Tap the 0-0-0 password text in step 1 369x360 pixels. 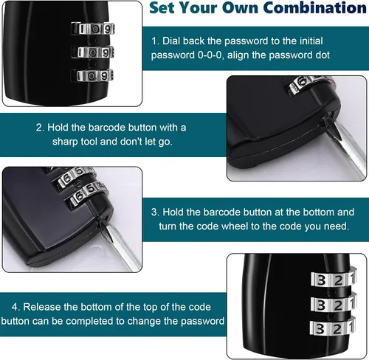click(210, 55)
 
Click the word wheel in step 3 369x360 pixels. click(235, 226)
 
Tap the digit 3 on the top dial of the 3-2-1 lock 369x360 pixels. click(321, 280)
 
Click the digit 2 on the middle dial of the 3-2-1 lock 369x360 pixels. click(338, 305)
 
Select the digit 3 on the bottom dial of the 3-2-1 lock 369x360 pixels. click(320, 329)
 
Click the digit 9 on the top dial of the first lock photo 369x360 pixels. click(107, 30)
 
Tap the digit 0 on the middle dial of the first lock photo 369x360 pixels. click(92, 53)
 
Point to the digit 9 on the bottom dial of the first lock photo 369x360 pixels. click(105, 76)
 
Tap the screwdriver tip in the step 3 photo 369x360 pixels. click(103, 223)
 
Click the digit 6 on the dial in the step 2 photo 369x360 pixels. click(301, 82)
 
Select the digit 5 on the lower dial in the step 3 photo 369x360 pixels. click(91, 189)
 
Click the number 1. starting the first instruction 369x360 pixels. click(155, 41)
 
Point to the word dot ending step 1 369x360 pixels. click(323, 55)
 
